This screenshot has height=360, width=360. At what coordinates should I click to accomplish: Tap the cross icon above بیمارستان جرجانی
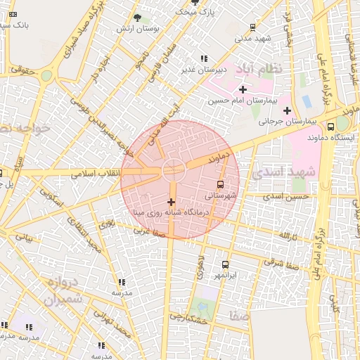pos(287,110)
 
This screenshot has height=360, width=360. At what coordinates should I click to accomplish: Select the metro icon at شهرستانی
pos(221,184)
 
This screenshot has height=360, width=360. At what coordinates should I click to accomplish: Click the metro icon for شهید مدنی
pos(252,27)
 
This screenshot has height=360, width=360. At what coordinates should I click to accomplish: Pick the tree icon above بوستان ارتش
pos(137,18)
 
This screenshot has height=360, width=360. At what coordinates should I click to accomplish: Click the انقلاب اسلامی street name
pos(96,173)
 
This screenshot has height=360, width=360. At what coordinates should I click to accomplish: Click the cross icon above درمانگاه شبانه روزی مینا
pos(171,202)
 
